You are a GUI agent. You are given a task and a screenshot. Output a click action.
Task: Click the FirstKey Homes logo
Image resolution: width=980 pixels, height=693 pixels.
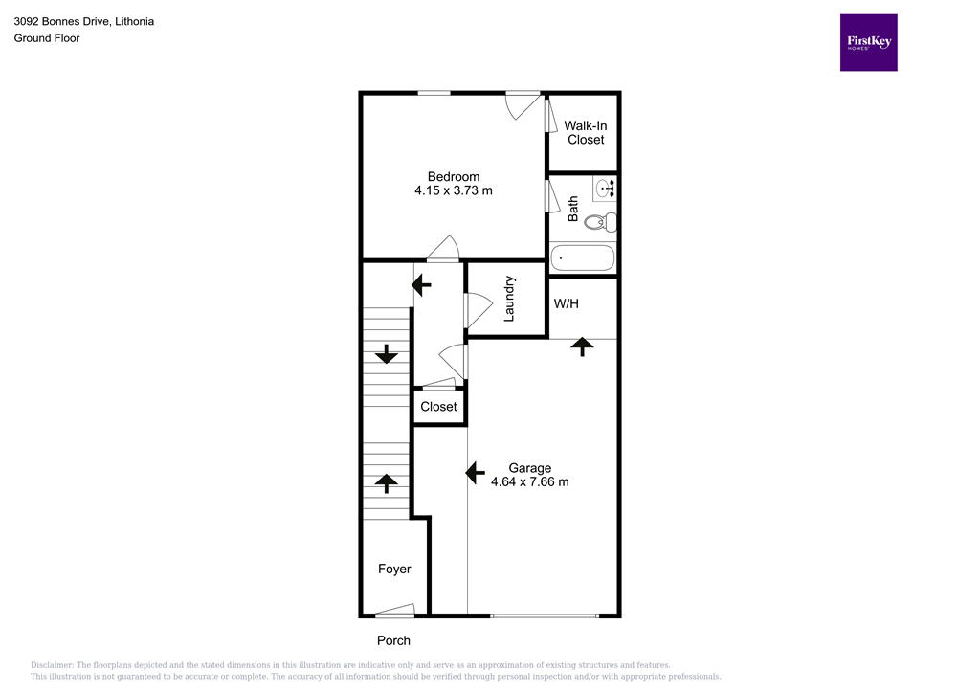tap(868, 42)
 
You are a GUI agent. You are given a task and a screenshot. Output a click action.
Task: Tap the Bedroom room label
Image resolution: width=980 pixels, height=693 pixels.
tap(453, 176)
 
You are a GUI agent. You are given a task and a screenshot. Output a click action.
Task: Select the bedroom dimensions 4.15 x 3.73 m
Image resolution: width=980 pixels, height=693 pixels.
tap(453, 190)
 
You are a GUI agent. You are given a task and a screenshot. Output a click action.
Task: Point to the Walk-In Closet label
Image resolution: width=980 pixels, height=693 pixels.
tap(586, 132)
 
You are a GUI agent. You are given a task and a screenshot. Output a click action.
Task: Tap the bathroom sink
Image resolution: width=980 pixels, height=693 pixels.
tap(605, 189)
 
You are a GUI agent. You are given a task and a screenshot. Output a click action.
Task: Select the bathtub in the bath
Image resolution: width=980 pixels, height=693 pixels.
tap(583, 257)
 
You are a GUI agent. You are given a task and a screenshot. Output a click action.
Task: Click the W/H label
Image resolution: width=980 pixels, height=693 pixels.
tap(567, 303)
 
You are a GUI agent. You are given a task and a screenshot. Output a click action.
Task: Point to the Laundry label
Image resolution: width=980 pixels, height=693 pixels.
tap(510, 298)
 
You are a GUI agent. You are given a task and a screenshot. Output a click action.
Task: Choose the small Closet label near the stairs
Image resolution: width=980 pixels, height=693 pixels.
tap(439, 407)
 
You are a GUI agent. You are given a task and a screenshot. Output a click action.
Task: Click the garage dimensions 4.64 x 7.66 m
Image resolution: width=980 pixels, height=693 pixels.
tap(529, 481)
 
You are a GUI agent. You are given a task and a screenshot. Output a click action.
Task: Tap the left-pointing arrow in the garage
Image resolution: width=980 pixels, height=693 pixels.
tap(474, 472)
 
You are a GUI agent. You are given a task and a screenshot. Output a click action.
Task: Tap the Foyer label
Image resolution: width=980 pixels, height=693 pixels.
tap(394, 569)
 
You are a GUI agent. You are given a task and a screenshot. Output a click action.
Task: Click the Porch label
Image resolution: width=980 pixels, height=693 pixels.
tap(393, 640)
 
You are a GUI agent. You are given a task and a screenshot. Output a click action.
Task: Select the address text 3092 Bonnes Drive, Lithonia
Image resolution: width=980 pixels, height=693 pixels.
tap(83, 21)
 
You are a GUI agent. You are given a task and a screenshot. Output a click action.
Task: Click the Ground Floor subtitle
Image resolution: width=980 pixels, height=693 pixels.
tap(47, 38)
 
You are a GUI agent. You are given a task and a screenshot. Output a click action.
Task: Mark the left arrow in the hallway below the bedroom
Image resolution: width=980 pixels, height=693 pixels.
tap(421, 284)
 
